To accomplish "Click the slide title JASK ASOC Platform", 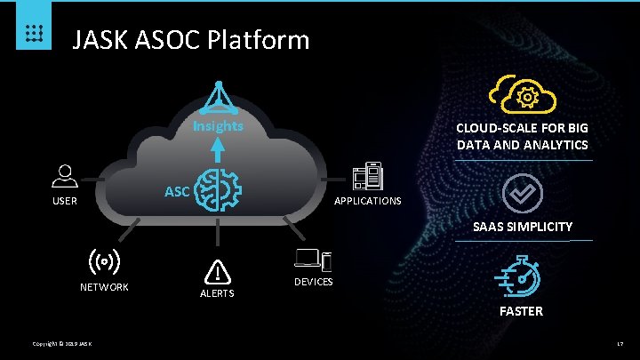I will click(190, 40).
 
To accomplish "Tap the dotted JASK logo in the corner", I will click(32, 33).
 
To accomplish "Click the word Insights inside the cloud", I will click(218, 125).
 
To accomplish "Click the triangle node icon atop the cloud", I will click(218, 97).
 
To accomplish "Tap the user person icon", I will click(64, 176).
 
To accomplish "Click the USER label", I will click(64, 201).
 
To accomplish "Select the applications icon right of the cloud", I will click(367, 177).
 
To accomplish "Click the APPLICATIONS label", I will click(367, 201).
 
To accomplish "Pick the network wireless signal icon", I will click(105, 262).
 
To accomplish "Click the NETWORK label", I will click(105, 287).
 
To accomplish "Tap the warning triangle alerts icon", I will click(217, 272).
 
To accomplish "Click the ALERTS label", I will click(217, 293).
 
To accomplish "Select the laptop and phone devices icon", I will click(313, 260).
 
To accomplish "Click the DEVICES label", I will click(313, 282).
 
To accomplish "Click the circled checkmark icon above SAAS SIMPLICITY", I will click(522, 193).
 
